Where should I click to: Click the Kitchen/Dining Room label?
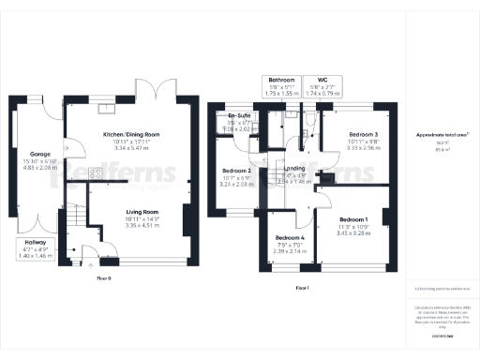[130, 134]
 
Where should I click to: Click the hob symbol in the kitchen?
[97, 174]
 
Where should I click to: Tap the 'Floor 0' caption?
[104, 278]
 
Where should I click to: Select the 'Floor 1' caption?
[302, 288]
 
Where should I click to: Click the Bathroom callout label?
[281, 80]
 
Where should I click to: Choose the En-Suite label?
[242, 117]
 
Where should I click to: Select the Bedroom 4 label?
[290, 238]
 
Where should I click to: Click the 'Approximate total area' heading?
[441, 136]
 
